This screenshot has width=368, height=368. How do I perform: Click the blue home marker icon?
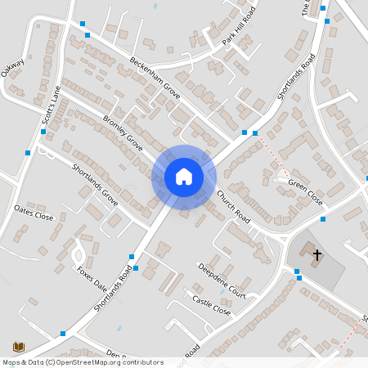pyautogui.click(x=183, y=177)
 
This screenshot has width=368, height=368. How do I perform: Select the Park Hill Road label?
pyautogui.click(x=239, y=27)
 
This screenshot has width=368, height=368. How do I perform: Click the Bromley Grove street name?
pyautogui.click(x=123, y=133)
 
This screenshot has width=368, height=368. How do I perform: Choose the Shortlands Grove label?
pyautogui.click(x=95, y=184)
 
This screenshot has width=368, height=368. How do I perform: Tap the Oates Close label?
pyautogui.click(x=34, y=217)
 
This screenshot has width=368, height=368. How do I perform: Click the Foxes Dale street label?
pyautogui.click(x=92, y=280)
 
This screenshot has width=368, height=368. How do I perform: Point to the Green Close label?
pyautogui.click(x=306, y=188)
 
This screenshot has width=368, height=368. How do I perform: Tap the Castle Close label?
pyautogui.click(x=212, y=306)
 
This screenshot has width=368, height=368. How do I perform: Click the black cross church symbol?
pyautogui.click(x=317, y=255)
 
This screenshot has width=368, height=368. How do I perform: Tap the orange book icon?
pyautogui.click(x=17, y=347)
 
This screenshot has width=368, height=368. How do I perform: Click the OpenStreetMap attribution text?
pyautogui.click(x=83, y=362)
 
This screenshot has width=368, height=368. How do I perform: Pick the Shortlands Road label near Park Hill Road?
pyautogui.click(x=296, y=78)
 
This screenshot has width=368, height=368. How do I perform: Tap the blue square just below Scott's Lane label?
pyautogui.click(x=43, y=131)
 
